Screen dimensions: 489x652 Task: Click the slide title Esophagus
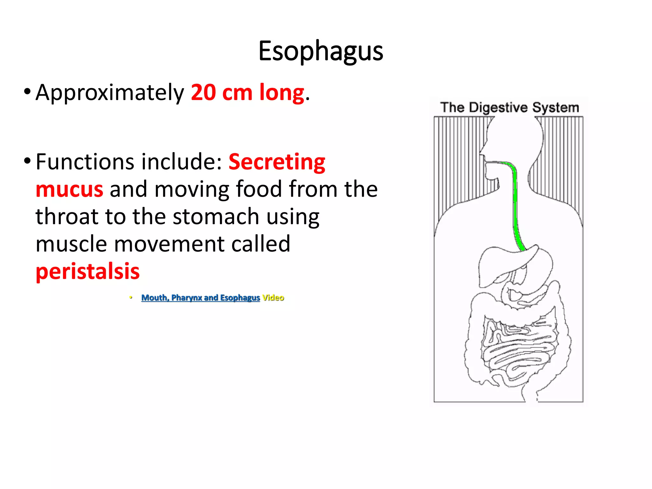point(321,51)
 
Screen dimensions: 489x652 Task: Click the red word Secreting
point(277,162)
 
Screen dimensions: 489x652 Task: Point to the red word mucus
point(69,189)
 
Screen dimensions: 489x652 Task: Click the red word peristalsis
point(88,272)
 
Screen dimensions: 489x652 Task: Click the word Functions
point(85,162)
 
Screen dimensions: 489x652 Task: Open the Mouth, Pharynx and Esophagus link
point(200,298)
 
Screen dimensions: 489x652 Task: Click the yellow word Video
point(273,298)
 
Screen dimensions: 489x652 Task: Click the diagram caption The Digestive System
point(509,108)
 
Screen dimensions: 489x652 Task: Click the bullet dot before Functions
point(27,161)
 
